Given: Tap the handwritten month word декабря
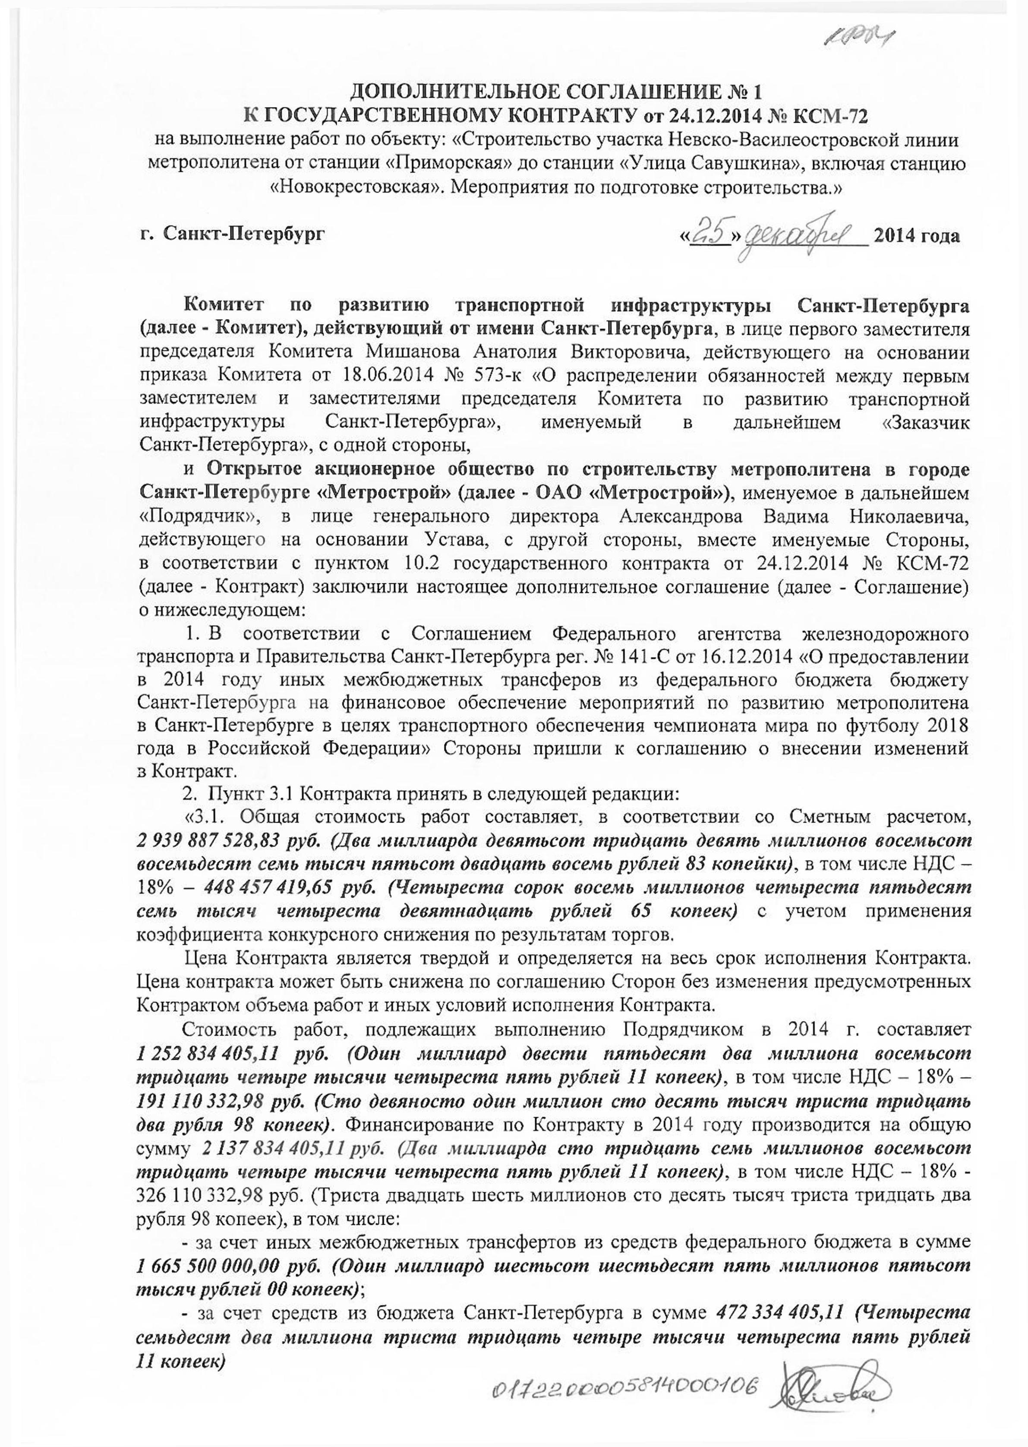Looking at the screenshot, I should point(804,236).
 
